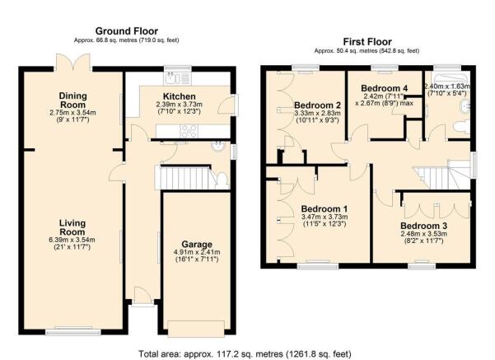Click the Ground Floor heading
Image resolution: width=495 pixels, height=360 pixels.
click(x=127, y=31)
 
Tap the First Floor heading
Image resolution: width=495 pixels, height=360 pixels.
click(x=367, y=42)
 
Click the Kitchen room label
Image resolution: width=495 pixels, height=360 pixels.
click(x=180, y=96)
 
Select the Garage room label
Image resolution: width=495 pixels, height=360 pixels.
click(x=197, y=245)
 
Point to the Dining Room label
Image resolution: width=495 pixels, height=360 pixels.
click(x=73, y=101)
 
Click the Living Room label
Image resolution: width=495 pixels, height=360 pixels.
click(x=72, y=227)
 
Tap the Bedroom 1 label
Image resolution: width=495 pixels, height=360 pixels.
click(x=325, y=208)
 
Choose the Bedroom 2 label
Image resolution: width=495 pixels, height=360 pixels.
click(x=317, y=105)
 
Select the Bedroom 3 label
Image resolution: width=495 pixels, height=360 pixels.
click(x=423, y=226)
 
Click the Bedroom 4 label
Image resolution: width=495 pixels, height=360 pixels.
click(x=384, y=88)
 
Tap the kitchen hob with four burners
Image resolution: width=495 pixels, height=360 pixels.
click(x=189, y=131)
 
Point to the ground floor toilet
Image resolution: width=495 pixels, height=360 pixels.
click(x=222, y=180)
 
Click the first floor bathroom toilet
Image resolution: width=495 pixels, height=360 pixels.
click(x=461, y=127)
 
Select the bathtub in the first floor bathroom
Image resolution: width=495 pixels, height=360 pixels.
click(x=451, y=79)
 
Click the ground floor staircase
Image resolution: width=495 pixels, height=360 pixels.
click(x=183, y=178)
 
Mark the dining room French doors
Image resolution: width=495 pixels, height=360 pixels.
click(x=73, y=62)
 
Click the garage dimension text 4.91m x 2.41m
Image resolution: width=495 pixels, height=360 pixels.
click(x=197, y=252)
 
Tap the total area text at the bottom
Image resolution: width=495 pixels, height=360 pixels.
click(x=245, y=353)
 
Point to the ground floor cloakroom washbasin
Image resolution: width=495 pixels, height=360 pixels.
click(x=217, y=147)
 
